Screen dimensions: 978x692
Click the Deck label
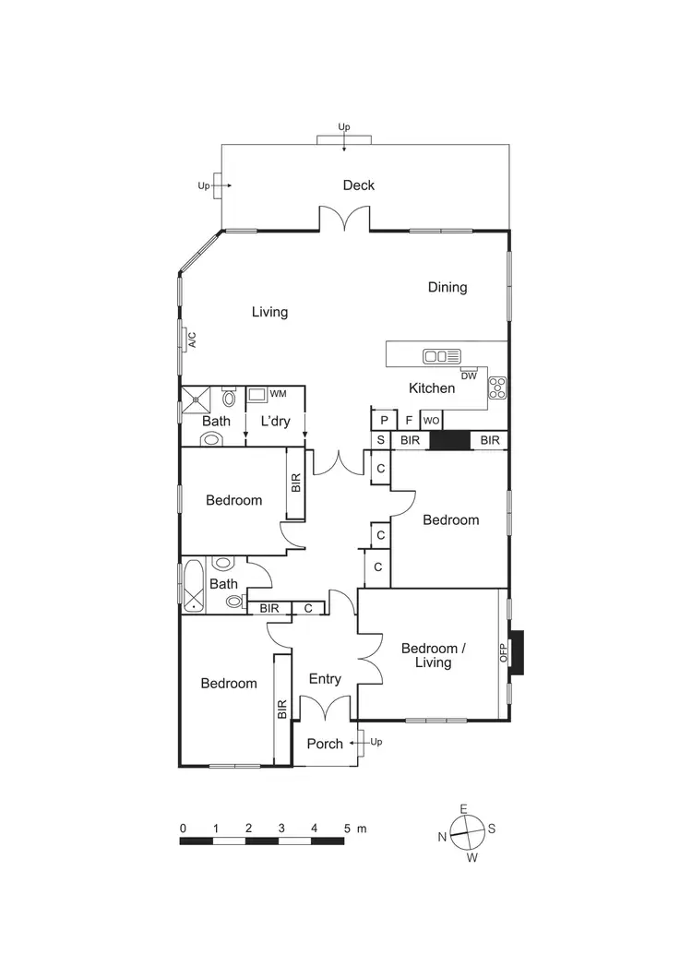(359, 185)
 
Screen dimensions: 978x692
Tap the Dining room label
(447, 287)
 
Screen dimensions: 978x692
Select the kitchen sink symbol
(441, 356)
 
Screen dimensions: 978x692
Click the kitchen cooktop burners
(497, 388)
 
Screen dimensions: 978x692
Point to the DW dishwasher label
(469, 376)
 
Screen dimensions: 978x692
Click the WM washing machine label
(278, 394)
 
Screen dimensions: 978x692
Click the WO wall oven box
(431, 420)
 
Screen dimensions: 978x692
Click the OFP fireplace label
(504, 652)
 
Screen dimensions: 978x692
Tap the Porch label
(325, 744)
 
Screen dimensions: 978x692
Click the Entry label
(325, 679)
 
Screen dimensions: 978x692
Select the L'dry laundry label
(275, 422)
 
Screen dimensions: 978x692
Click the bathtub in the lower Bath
(194, 585)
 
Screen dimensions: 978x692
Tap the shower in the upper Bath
(197, 399)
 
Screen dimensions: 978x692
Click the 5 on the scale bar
(348, 829)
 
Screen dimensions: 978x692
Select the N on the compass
(443, 837)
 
